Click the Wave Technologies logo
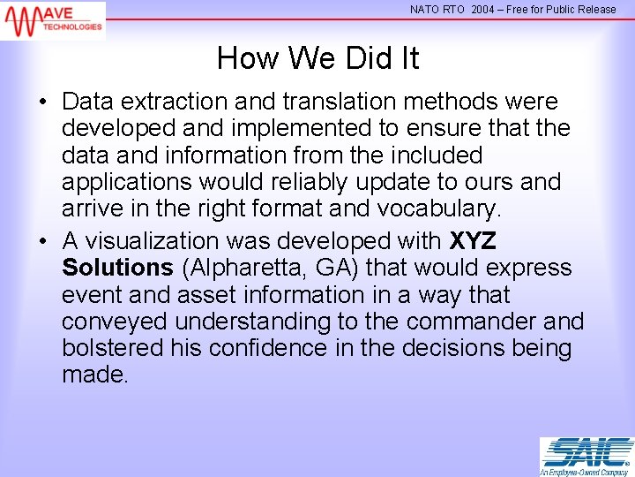click(53, 19)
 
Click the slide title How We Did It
click(317, 59)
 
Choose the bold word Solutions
click(117, 268)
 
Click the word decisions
click(449, 347)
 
